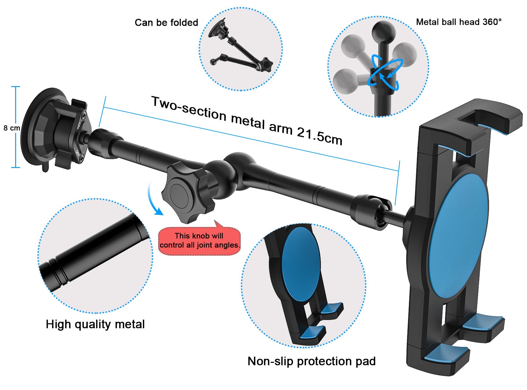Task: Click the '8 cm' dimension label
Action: pos(12,128)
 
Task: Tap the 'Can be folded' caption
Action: pos(166,22)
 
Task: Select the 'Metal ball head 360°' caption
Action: pos(458,22)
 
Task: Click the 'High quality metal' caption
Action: pos(95,324)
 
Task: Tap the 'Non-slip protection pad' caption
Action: pos(311,361)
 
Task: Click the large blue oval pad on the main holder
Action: pos(458,237)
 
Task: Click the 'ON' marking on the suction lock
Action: pos(79,125)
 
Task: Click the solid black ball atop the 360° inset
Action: pos(384,33)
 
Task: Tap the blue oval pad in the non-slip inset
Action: pos(301,264)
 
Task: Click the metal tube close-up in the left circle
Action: pos(94,252)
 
